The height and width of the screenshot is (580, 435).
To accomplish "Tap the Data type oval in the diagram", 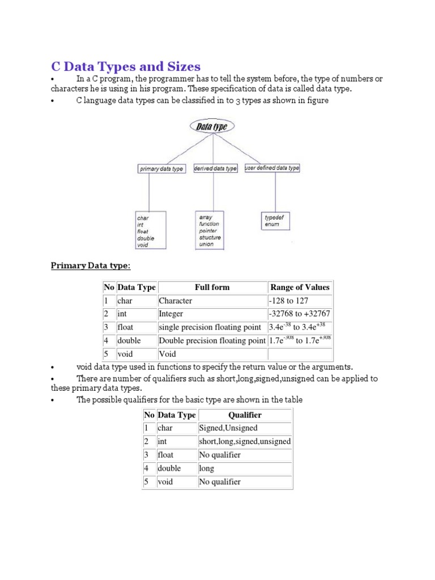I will pos(212,127).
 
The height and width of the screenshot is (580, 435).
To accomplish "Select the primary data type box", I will pos(161,169).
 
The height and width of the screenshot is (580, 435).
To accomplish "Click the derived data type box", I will pos(215,169).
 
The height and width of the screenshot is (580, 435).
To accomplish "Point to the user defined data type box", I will pos(272,168).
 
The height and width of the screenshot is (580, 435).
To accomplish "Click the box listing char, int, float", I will pos(148,232).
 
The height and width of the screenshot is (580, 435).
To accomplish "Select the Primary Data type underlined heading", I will pos(91,266).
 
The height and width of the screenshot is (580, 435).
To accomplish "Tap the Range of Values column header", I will pos(300,287).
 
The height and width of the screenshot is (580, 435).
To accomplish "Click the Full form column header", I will pos(212,287).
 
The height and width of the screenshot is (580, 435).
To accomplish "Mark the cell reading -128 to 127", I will pos(300,301).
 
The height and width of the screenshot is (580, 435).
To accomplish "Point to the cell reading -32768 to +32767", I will pos(300,314).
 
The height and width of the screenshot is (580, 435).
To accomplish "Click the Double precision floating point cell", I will pos(212,341).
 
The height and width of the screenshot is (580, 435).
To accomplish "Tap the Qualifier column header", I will pos(245,415).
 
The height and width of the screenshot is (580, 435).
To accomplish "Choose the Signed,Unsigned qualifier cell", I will pos(245,428).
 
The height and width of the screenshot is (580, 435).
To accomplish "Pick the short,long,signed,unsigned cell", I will pos(245,441).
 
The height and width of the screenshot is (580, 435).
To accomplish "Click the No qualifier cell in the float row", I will pos(245,455).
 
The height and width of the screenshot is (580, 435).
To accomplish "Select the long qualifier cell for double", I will pos(245,468).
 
